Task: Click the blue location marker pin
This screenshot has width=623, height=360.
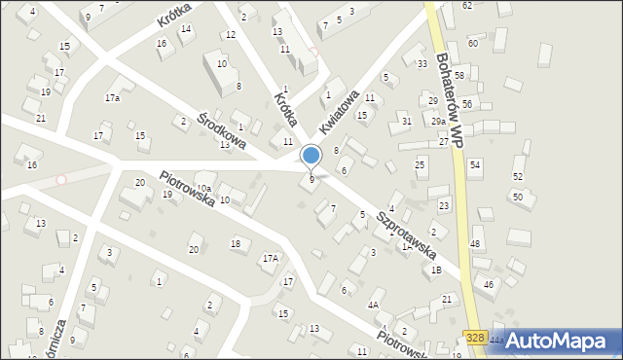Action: pos(311,155)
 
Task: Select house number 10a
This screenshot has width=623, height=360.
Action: pos(203,189)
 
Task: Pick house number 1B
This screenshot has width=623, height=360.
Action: pos(436,270)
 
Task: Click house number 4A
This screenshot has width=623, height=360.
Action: pos(373,305)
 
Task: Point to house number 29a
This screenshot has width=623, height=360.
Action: pos(439,121)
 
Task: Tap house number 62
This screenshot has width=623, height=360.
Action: pos(467,6)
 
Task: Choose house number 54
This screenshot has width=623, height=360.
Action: pos(475,165)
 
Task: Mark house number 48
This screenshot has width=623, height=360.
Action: pos(475,243)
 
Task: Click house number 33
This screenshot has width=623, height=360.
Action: pos(421,64)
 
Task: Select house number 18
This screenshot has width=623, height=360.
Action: pos(235,243)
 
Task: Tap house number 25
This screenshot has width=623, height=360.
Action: pos(421,165)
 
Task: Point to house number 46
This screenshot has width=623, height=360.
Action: pos(488,284)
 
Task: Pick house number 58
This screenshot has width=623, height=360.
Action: pos(458,75)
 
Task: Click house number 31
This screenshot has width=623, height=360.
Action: pos(406,121)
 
